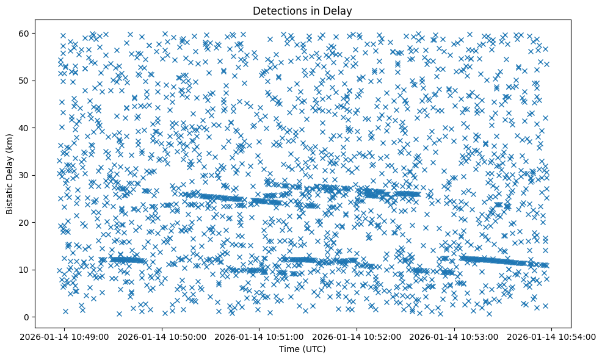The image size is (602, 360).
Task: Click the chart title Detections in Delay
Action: tap(302, 10)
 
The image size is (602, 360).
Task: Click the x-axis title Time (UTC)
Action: tap(302, 349)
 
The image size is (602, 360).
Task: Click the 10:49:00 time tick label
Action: tap(65, 337)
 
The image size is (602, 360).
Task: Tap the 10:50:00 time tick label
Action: tap(162, 337)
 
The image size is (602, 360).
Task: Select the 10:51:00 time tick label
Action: tap(260, 337)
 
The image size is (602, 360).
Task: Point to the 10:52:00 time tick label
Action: tap(357, 337)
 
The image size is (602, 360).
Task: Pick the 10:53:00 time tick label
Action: tap(455, 337)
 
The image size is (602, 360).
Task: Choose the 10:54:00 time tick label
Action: tap(552, 337)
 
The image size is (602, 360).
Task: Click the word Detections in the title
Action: tap(279, 10)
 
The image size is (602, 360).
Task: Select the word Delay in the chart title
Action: tap(339, 10)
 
